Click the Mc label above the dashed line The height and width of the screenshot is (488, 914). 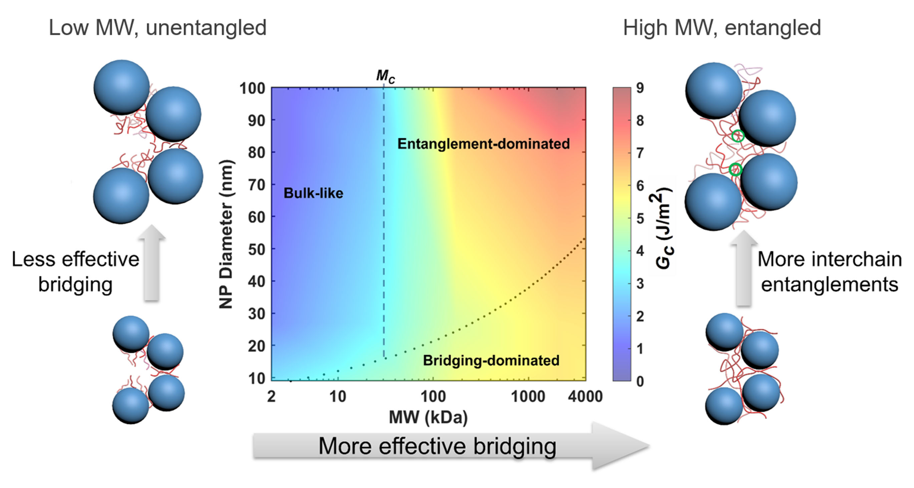pos(385,76)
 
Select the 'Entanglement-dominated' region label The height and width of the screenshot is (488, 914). pos(483,144)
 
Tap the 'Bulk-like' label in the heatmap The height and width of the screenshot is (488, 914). pos(313,193)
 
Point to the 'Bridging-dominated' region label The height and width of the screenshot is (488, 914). pos(491,360)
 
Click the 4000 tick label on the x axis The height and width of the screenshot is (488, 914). pos(585,396)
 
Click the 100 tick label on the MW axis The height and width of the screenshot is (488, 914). pos(433,396)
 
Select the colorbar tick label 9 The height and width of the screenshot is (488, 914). pos(640,88)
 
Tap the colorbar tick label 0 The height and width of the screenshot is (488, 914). pos(640,381)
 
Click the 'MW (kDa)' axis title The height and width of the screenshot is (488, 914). pos(428,417)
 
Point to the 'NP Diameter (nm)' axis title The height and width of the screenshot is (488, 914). pos(226,234)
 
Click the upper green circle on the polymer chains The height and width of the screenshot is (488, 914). pos(738,136)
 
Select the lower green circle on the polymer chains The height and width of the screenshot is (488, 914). pos(735,169)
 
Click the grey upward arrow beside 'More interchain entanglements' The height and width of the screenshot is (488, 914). pos(744,268)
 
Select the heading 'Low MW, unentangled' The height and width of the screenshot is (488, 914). pos(158,28)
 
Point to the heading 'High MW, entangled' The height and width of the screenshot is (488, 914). pos(722,28)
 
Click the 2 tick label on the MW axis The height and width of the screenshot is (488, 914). pos(271,396)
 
